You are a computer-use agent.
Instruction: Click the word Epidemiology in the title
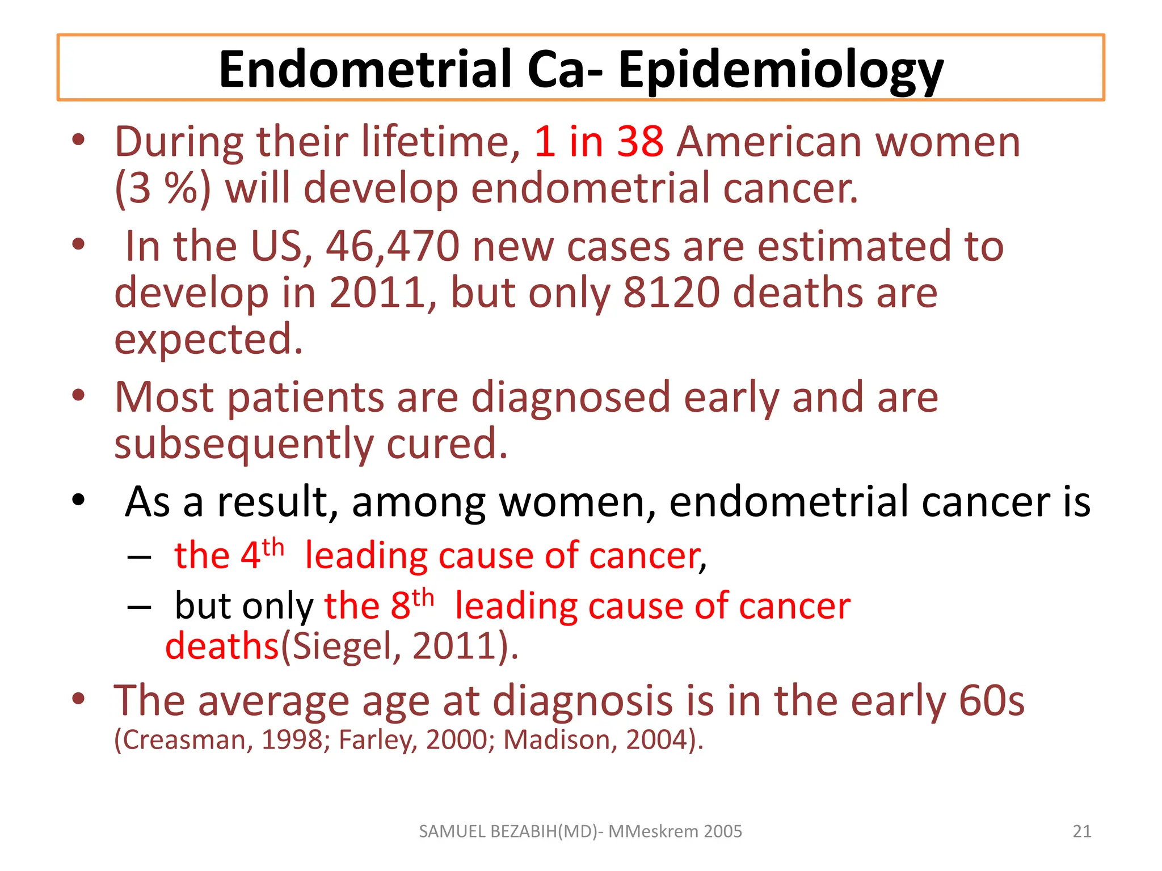click(780, 70)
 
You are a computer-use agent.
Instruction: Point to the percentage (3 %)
click(162, 188)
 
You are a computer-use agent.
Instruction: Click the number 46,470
click(393, 247)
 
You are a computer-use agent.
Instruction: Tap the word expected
click(208, 339)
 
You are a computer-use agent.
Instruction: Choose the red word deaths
click(222, 646)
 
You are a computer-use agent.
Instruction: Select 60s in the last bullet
click(991, 701)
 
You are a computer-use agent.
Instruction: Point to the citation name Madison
click(559, 740)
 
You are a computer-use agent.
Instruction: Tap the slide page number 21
click(1082, 831)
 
